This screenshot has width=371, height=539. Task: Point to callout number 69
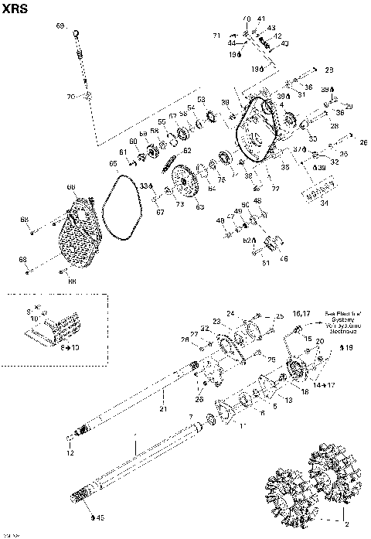click(x=60, y=26)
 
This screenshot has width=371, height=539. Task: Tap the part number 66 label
click(x=70, y=187)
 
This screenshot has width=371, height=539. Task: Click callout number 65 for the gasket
click(x=112, y=163)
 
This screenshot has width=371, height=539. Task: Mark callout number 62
click(x=187, y=150)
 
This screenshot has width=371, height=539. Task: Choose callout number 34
click(x=323, y=203)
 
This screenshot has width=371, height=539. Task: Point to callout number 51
click(x=267, y=262)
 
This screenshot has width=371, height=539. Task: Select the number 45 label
click(x=99, y=517)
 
